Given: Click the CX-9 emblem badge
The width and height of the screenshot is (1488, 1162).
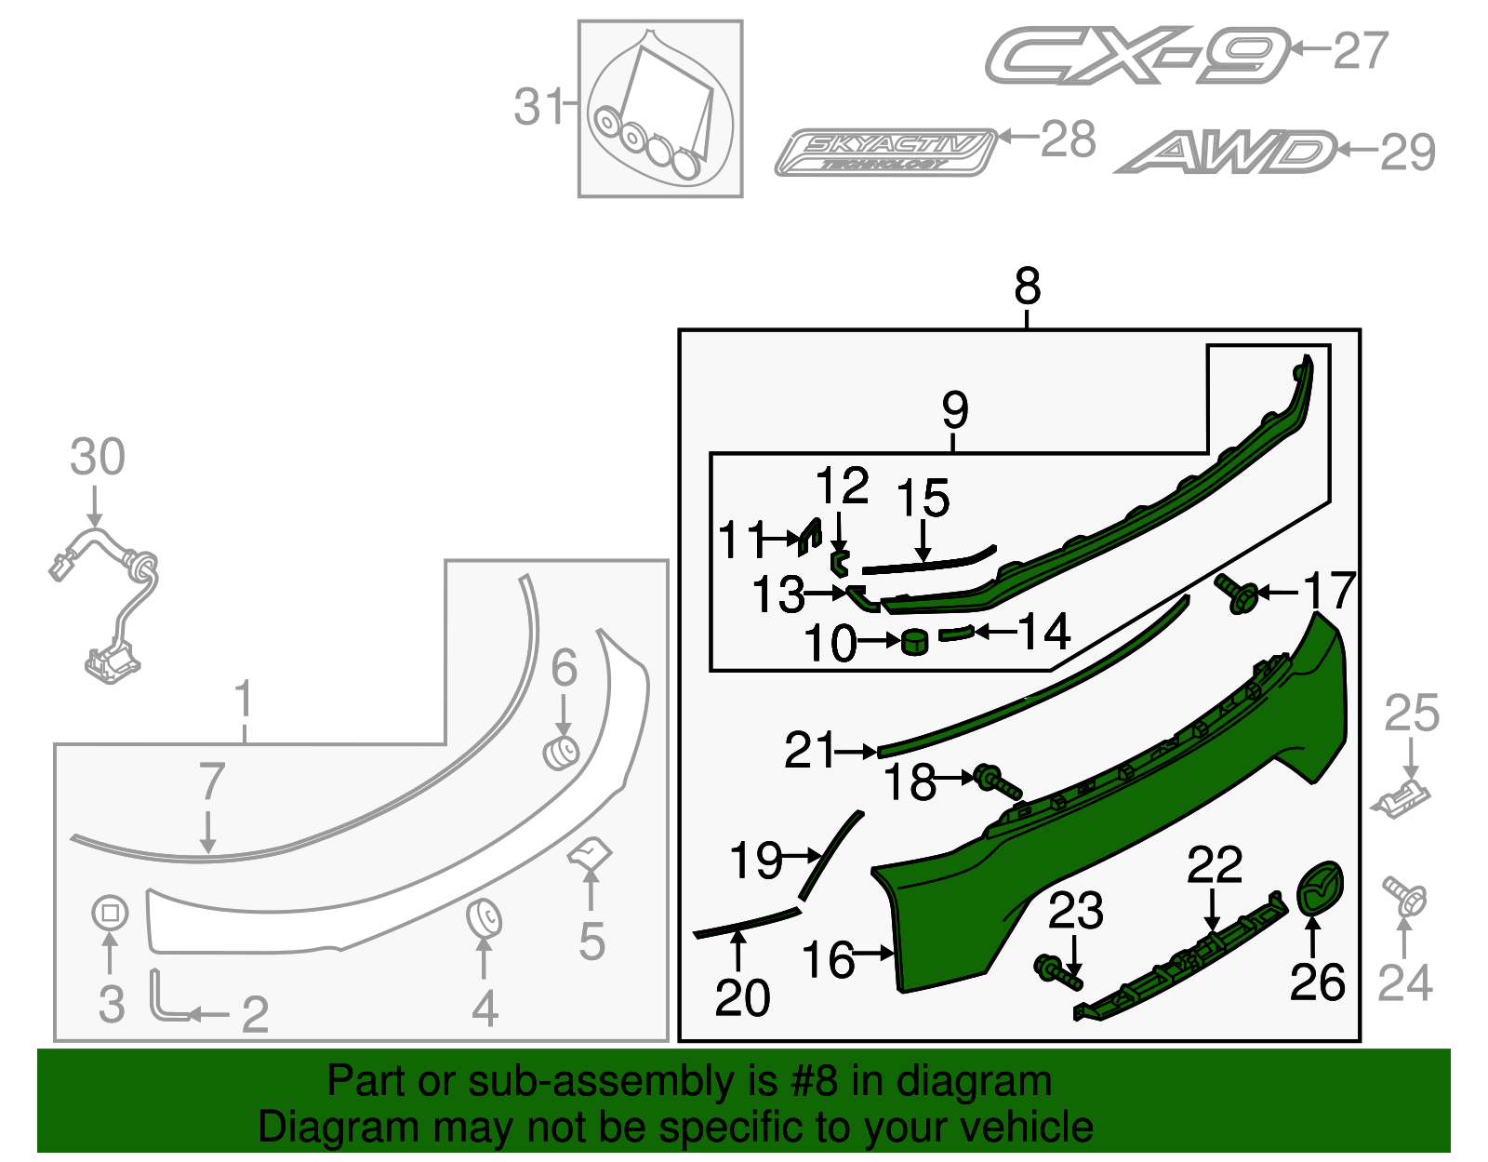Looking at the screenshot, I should click(1136, 55).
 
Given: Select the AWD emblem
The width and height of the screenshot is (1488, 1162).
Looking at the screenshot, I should click(1226, 153).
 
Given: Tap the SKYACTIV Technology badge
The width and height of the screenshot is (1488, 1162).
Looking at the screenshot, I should click(885, 153).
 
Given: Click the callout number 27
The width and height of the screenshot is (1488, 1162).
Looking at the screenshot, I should click(1361, 50).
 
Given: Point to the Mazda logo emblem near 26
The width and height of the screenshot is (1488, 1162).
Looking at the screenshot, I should click(1321, 888).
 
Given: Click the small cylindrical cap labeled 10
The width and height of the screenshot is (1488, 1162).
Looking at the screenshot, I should click(915, 641).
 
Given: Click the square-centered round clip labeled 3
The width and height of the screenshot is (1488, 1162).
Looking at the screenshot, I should click(110, 914).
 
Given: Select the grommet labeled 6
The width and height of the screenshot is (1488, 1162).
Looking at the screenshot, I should click(561, 752).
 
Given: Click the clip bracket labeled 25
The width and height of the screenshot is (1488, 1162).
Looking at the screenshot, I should click(1402, 798).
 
